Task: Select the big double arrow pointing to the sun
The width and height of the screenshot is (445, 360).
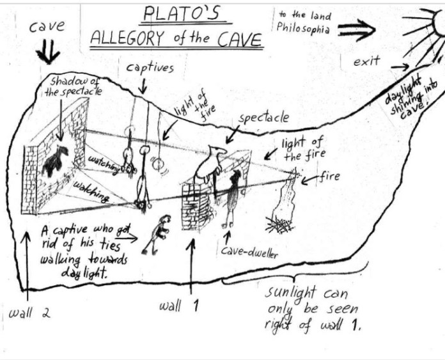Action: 358,29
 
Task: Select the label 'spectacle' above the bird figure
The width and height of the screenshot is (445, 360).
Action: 263,118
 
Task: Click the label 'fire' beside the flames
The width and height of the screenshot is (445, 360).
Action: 328,176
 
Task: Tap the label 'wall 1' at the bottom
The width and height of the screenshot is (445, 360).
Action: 179,306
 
